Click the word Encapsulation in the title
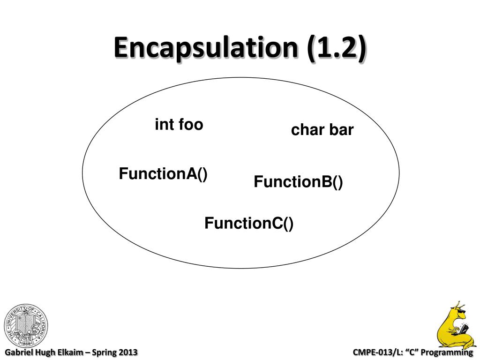click(206, 48)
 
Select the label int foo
click(179, 125)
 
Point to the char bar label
click(322, 130)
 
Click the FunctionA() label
click(163, 173)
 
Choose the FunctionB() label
click(298, 181)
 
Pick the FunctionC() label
click(249, 223)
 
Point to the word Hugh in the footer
click(45, 352)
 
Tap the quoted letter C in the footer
click(412, 352)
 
